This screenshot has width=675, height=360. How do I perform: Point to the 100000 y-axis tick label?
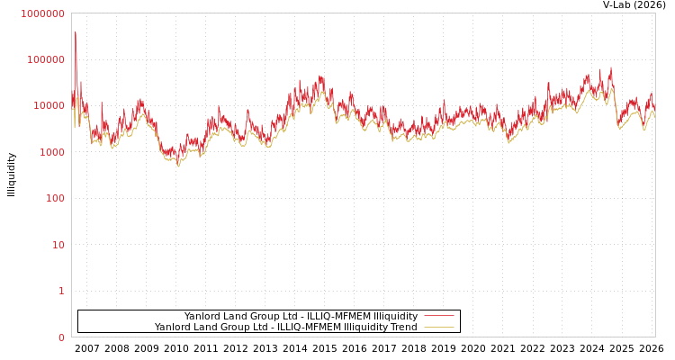(46, 59)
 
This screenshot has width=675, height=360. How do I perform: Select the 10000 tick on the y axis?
(49, 106)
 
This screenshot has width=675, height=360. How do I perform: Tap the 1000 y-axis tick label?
(51, 152)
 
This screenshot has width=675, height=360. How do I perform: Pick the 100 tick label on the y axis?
(55, 198)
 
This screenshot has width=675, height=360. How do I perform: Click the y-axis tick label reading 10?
(58, 245)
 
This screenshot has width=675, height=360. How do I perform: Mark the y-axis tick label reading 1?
(61, 291)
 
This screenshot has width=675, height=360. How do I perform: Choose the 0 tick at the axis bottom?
(61, 337)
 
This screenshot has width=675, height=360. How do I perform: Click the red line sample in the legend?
(438, 316)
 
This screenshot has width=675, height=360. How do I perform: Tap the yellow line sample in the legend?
(438, 327)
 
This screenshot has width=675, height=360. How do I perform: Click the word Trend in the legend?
(402, 327)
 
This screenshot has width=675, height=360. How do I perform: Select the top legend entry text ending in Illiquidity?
(301, 316)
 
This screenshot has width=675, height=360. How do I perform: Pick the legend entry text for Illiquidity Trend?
(285, 327)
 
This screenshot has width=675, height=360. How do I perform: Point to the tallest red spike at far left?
(76, 33)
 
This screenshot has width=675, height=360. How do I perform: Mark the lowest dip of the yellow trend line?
(178, 166)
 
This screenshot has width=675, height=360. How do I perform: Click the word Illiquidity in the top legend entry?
(395, 316)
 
